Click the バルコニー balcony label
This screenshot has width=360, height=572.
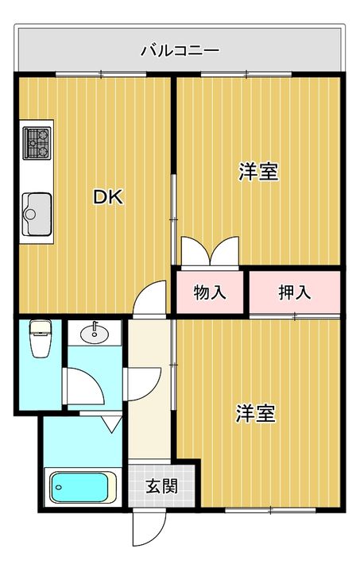(x=180, y=50)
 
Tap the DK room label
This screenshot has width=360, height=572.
(x=108, y=197)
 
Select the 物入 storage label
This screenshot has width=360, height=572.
(x=210, y=292)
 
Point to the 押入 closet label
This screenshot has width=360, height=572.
(x=294, y=292)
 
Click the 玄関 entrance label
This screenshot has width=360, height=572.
(x=161, y=486)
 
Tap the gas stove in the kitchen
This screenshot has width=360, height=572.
(x=37, y=143)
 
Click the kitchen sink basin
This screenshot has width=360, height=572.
(x=37, y=214)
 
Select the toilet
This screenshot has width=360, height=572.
(x=40, y=338)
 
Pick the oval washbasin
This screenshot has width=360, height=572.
(x=95, y=333)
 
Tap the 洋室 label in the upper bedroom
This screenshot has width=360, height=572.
(x=258, y=172)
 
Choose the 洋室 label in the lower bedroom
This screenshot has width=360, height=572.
(x=255, y=413)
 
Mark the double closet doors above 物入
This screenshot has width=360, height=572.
(x=210, y=252)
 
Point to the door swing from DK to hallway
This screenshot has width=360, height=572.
(x=150, y=297)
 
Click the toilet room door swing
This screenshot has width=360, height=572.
(x=84, y=387)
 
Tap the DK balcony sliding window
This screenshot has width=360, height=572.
(x=101, y=75)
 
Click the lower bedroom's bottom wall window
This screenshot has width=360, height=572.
(x=270, y=510)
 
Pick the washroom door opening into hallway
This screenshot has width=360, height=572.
(x=142, y=385)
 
